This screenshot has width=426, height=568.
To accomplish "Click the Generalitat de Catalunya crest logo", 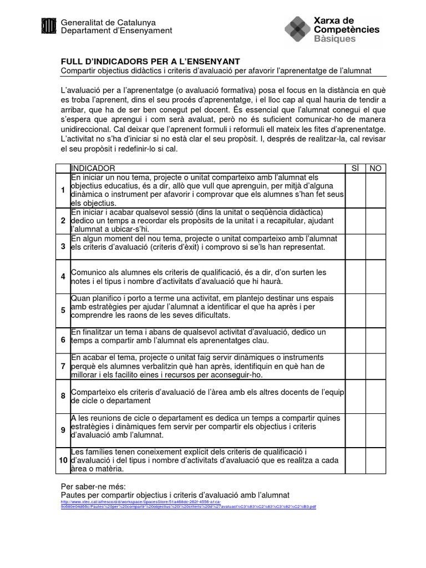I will coord(49,26).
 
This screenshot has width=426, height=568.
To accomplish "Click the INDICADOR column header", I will coord(93,168).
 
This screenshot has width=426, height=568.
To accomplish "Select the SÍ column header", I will coord(356,168).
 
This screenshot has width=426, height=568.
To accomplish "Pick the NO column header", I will coord(376,168).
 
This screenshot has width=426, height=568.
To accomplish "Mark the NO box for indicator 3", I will coord(376,246).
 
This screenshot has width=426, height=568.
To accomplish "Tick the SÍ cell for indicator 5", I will coord(356,310).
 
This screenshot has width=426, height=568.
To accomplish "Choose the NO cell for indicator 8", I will coord(376,395).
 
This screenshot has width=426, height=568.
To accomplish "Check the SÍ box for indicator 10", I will coord(356,460).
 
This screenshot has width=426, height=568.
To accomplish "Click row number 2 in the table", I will coord(63,221).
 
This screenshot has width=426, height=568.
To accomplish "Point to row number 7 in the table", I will coord(63,366).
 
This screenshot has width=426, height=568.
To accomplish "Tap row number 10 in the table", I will coord(63,460).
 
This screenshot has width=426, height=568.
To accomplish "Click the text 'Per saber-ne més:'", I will coord(90,486).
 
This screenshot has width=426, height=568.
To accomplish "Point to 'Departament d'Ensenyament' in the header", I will coord(116,31).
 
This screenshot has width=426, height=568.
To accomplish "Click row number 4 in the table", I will coord(63,276).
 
